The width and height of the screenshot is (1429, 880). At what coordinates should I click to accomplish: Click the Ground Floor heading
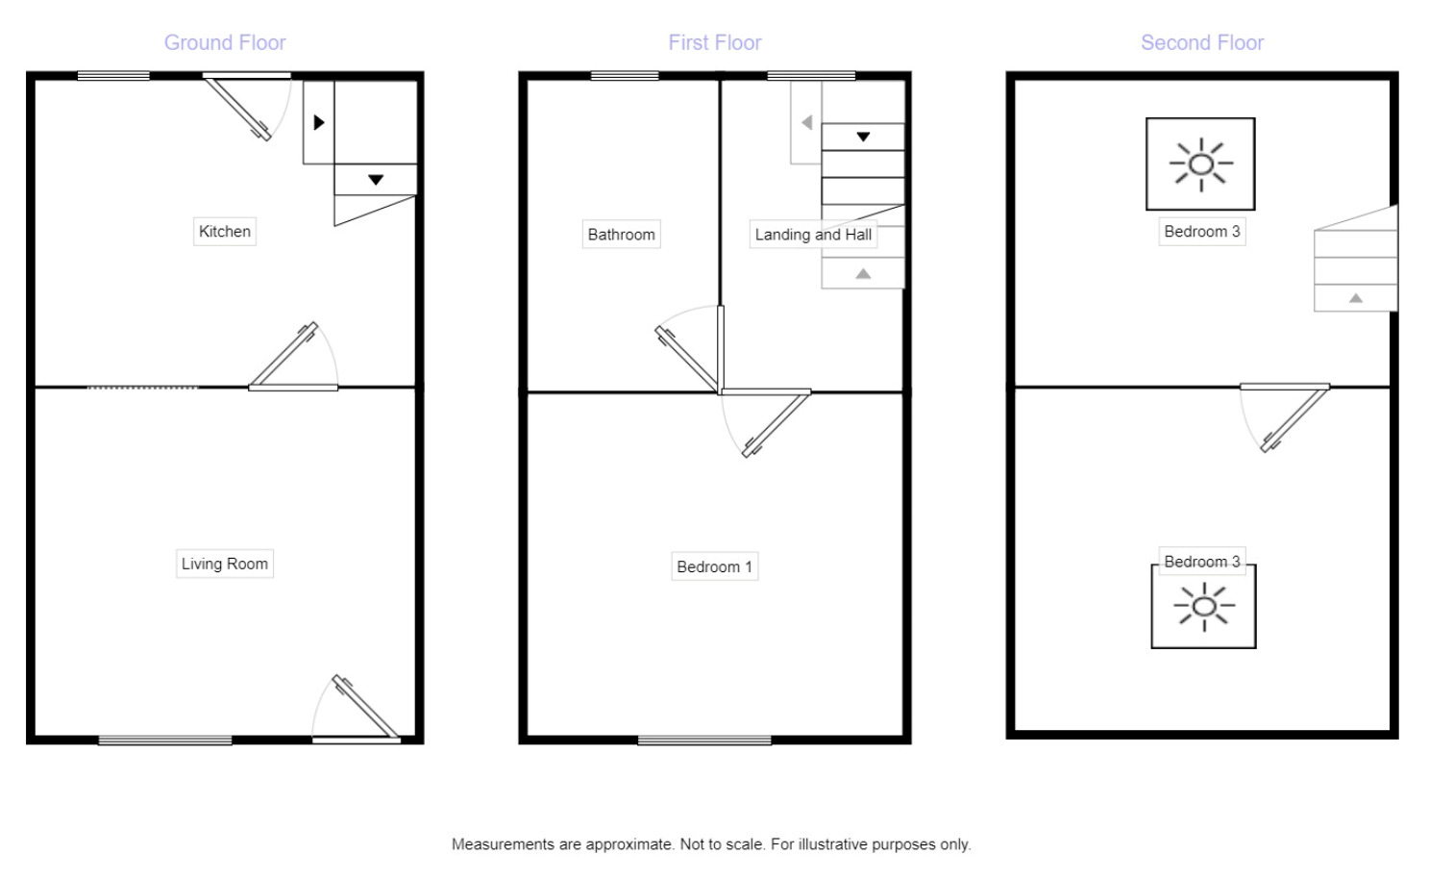(x=225, y=42)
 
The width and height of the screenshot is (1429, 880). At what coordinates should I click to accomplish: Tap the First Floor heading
(x=714, y=42)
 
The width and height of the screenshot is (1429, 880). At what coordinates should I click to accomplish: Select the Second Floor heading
(x=1201, y=42)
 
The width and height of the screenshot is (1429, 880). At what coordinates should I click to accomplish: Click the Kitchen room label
(x=224, y=231)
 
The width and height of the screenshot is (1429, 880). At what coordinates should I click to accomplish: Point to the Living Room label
(x=224, y=564)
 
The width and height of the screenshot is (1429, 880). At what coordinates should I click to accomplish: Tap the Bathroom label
(x=621, y=234)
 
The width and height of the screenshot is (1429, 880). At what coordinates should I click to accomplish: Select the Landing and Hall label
(x=812, y=234)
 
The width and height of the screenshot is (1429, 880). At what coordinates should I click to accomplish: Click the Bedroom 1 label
(x=714, y=566)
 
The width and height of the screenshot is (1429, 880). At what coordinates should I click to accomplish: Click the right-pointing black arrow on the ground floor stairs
(x=319, y=122)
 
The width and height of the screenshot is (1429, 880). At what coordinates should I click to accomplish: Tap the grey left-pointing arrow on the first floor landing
(x=807, y=122)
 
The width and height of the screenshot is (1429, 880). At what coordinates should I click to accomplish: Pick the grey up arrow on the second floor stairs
(x=1355, y=298)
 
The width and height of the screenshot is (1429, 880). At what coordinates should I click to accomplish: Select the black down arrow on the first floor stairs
(x=863, y=137)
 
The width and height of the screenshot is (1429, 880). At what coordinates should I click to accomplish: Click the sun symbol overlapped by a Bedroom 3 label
(x=1203, y=608)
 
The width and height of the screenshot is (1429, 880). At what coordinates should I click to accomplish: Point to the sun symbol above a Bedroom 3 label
(x=1200, y=163)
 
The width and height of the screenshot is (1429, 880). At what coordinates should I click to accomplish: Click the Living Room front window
(x=165, y=740)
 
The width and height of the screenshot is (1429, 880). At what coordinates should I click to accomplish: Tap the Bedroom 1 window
(x=704, y=740)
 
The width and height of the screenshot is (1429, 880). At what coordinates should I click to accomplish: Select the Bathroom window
(x=625, y=76)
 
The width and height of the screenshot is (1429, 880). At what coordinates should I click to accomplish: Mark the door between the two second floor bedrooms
(x=1294, y=419)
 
